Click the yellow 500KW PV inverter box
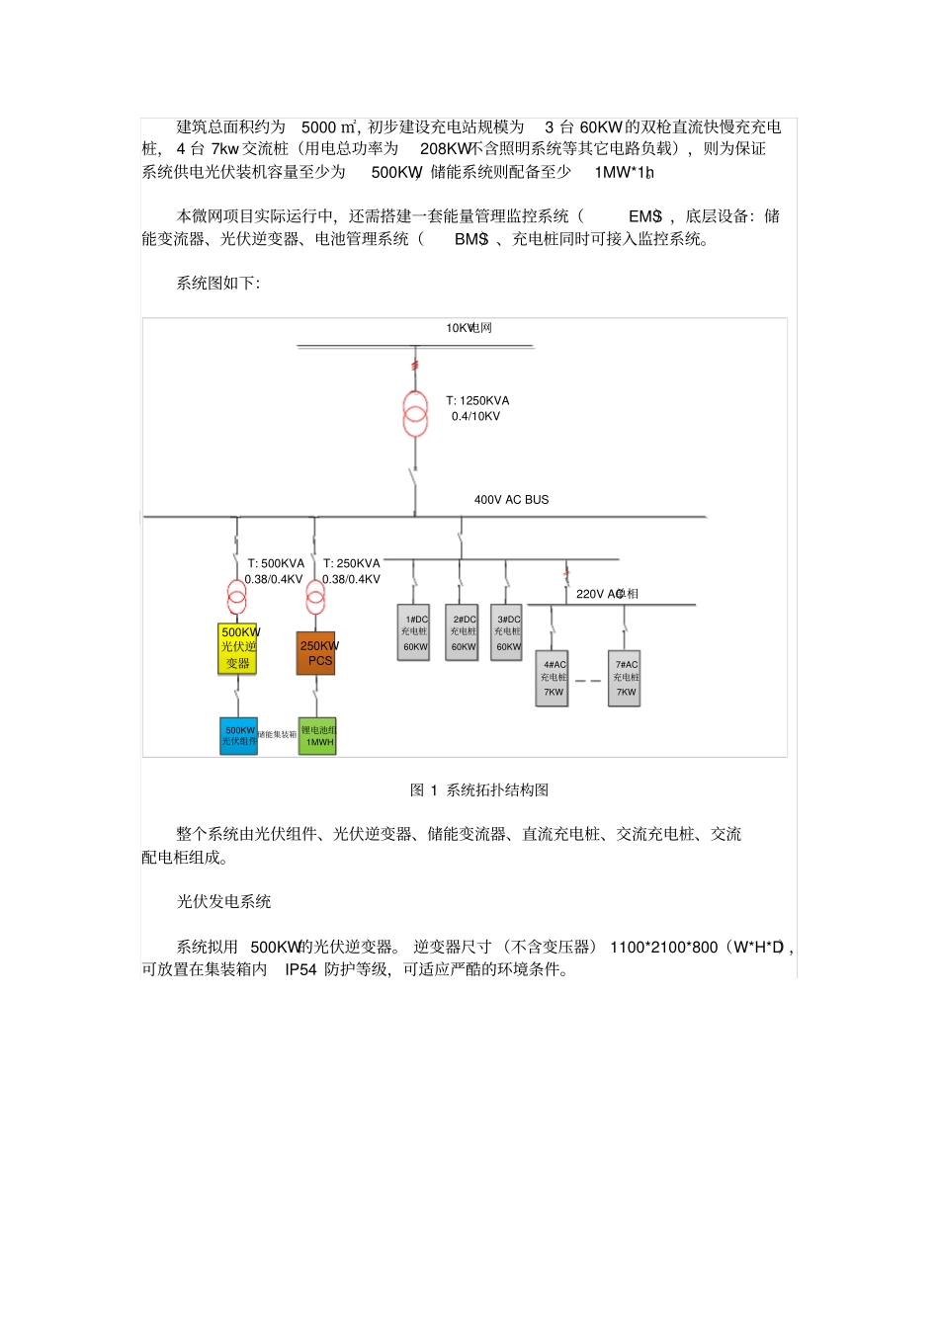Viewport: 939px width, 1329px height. tap(237, 648)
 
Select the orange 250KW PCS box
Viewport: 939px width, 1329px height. tap(316, 653)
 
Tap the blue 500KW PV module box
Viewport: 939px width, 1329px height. tap(238, 736)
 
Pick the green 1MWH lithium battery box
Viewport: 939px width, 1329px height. tap(317, 736)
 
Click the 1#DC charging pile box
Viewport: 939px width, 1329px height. tap(414, 632)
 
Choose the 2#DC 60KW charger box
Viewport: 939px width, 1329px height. tap(463, 632)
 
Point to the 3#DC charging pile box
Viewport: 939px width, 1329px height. tap(507, 632)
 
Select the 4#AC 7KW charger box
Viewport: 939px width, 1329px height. tap(554, 678)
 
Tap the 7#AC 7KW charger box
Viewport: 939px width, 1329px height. tap(625, 678)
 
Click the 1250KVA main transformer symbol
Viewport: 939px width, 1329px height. tap(415, 414)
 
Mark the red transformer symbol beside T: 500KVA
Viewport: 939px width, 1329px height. tap(236, 597)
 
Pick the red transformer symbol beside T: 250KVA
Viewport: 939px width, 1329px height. tap(315, 597)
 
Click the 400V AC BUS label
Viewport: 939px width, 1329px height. tap(511, 500)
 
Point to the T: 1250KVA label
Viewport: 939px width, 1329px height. tap(477, 401)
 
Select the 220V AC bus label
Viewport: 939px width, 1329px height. tap(607, 594)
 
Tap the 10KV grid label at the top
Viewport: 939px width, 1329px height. tap(469, 328)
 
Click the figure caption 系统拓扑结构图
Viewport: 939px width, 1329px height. tap(497, 790)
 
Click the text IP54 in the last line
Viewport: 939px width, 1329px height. tap(300, 970)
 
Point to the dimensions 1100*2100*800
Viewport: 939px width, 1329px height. tap(663, 948)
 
